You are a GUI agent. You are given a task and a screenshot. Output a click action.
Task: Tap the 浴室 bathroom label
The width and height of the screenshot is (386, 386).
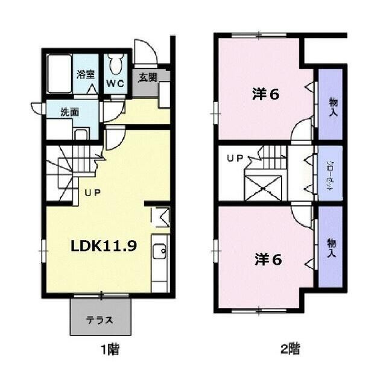85,75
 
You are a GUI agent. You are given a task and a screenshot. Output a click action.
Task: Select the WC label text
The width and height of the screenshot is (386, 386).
115,83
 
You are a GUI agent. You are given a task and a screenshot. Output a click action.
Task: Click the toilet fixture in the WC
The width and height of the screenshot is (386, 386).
116,63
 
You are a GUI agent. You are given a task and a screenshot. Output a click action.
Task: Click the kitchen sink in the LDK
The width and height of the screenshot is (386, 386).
160,252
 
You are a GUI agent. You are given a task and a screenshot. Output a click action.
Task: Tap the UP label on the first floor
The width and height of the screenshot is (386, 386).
92,194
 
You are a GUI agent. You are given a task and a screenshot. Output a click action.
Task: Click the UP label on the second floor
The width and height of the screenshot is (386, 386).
234,159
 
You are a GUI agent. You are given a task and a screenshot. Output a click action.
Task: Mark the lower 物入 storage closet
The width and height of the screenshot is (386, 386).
331,246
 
